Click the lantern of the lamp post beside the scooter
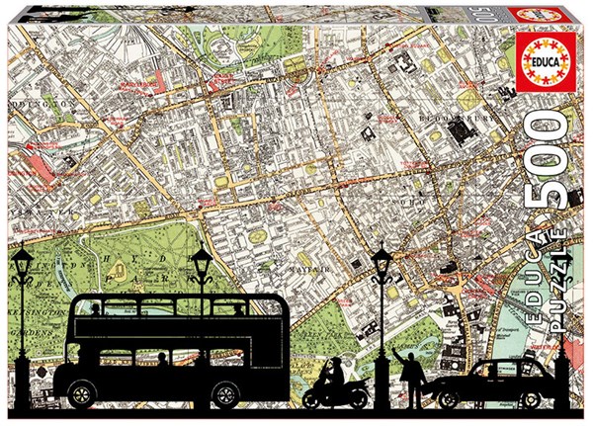point(380,261)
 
